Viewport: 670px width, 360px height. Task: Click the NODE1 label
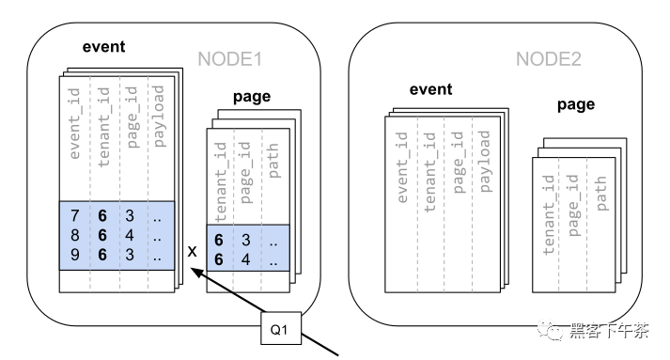[x=230, y=59]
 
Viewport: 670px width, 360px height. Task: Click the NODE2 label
[x=549, y=59]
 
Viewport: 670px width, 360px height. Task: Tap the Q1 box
[x=281, y=328]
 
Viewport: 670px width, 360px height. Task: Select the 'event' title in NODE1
[x=103, y=47]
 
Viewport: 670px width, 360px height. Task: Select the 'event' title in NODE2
[x=430, y=89]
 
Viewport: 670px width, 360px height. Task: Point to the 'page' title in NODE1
[x=252, y=97]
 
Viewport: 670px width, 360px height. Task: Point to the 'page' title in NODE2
[x=576, y=105]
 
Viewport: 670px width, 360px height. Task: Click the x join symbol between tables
[x=193, y=251]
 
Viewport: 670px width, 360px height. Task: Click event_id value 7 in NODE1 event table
[x=75, y=215]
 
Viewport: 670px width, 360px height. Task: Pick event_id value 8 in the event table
[x=75, y=235]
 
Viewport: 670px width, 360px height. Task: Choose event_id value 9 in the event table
[x=75, y=255]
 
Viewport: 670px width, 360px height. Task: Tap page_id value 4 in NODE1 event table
[x=130, y=235]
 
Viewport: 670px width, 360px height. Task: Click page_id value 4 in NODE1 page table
[x=245, y=259]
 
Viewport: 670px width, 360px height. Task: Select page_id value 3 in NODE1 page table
[x=245, y=240]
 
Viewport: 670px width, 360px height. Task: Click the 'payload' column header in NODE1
[x=159, y=117]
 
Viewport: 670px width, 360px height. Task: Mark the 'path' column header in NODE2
[x=600, y=194]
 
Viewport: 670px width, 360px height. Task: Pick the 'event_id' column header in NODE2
[x=401, y=167]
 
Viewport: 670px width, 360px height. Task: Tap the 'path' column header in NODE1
[x=273, y=161]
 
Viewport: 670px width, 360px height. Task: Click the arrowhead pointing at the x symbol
[x=195, y=272]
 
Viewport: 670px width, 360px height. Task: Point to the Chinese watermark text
[x=609, y=331]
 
